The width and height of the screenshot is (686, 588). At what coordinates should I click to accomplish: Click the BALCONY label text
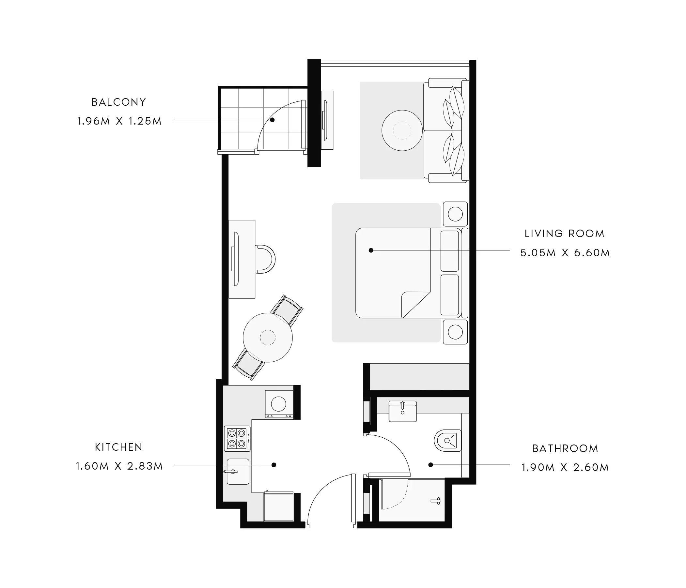(x=118, y=102)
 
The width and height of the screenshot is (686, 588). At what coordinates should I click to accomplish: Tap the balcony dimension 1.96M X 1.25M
(x=119, y=121)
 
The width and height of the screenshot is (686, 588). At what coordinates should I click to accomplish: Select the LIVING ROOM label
(x=565, y=234)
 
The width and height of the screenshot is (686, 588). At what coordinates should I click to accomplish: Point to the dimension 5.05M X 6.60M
(x=565, y=253)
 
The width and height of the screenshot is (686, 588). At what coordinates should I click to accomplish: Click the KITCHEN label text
(x=118, y=447)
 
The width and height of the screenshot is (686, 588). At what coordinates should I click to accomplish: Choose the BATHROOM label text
(x=565, y=448)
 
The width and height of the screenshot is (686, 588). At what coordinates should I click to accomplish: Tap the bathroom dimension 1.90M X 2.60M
(x=565, y=467)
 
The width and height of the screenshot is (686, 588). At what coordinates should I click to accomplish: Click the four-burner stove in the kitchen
(x=237, y=438)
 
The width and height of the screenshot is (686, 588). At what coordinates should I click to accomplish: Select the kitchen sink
(x=238, y=472)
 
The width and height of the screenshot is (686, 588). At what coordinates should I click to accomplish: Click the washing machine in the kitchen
(x=279, y=404)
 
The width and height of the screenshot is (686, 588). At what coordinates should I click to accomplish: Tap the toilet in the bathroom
(x=448, y=440)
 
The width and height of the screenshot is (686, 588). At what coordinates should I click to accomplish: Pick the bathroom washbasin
(x=403, y=411)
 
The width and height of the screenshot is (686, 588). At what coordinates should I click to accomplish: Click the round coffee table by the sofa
(x=402, y=130)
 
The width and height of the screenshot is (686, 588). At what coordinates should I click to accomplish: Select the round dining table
(x=268, y=338)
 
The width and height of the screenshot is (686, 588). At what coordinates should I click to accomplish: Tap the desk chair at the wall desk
(x=266, y=259)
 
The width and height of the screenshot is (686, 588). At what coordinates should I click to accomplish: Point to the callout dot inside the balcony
(x=272, y=120)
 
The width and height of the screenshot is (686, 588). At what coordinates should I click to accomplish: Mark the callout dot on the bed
(x=371, y=250)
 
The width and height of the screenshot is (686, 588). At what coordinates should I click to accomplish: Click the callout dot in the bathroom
(x=431, y=465)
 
